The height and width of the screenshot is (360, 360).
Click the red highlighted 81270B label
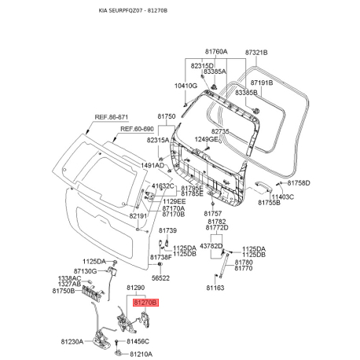tap(145, 301)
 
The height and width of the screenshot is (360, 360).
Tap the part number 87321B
tap(256, 52)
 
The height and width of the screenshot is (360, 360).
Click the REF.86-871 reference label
tap(112, 116)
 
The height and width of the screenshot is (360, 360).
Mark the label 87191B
tap(262, 82)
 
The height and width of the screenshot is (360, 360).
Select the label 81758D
tap(298, 182)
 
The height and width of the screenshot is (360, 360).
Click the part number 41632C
tap(163, 186)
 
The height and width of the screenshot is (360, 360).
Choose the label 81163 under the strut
tap(215, 288)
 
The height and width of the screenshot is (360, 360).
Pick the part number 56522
tap(160, 277)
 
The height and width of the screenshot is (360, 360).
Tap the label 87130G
tap(85, 270)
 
